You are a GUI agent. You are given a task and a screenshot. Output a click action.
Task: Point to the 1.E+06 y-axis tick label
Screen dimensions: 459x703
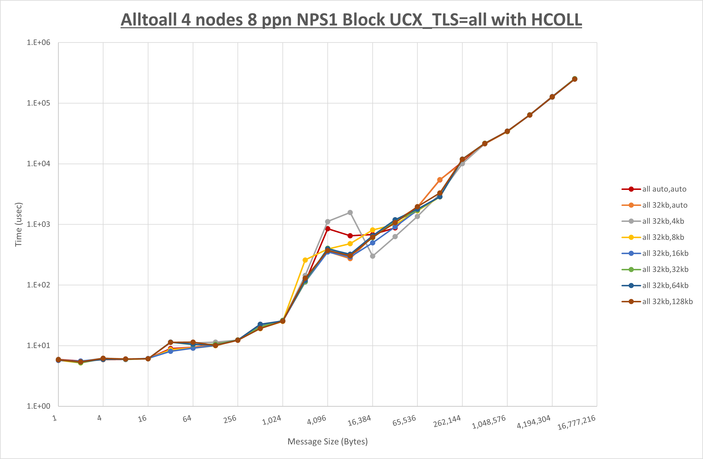(x=39, y=42)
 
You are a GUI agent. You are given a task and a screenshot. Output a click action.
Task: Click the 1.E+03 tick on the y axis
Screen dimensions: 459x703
(x=39, y=224)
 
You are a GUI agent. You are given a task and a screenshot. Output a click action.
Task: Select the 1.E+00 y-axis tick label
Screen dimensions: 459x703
(x=39, y=406)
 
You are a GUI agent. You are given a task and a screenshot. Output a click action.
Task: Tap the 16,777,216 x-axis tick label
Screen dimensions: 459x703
(x=576, y=422)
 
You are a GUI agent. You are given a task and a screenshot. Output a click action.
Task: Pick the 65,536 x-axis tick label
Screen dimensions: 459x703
(x=404, y=421)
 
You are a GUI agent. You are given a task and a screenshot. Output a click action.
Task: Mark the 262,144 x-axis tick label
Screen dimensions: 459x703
(x=447, y=421)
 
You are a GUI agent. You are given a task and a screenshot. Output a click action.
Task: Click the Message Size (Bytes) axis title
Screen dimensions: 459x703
(x=328, y=442)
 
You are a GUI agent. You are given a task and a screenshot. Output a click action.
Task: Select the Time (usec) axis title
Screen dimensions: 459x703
(x=18, y=224)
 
